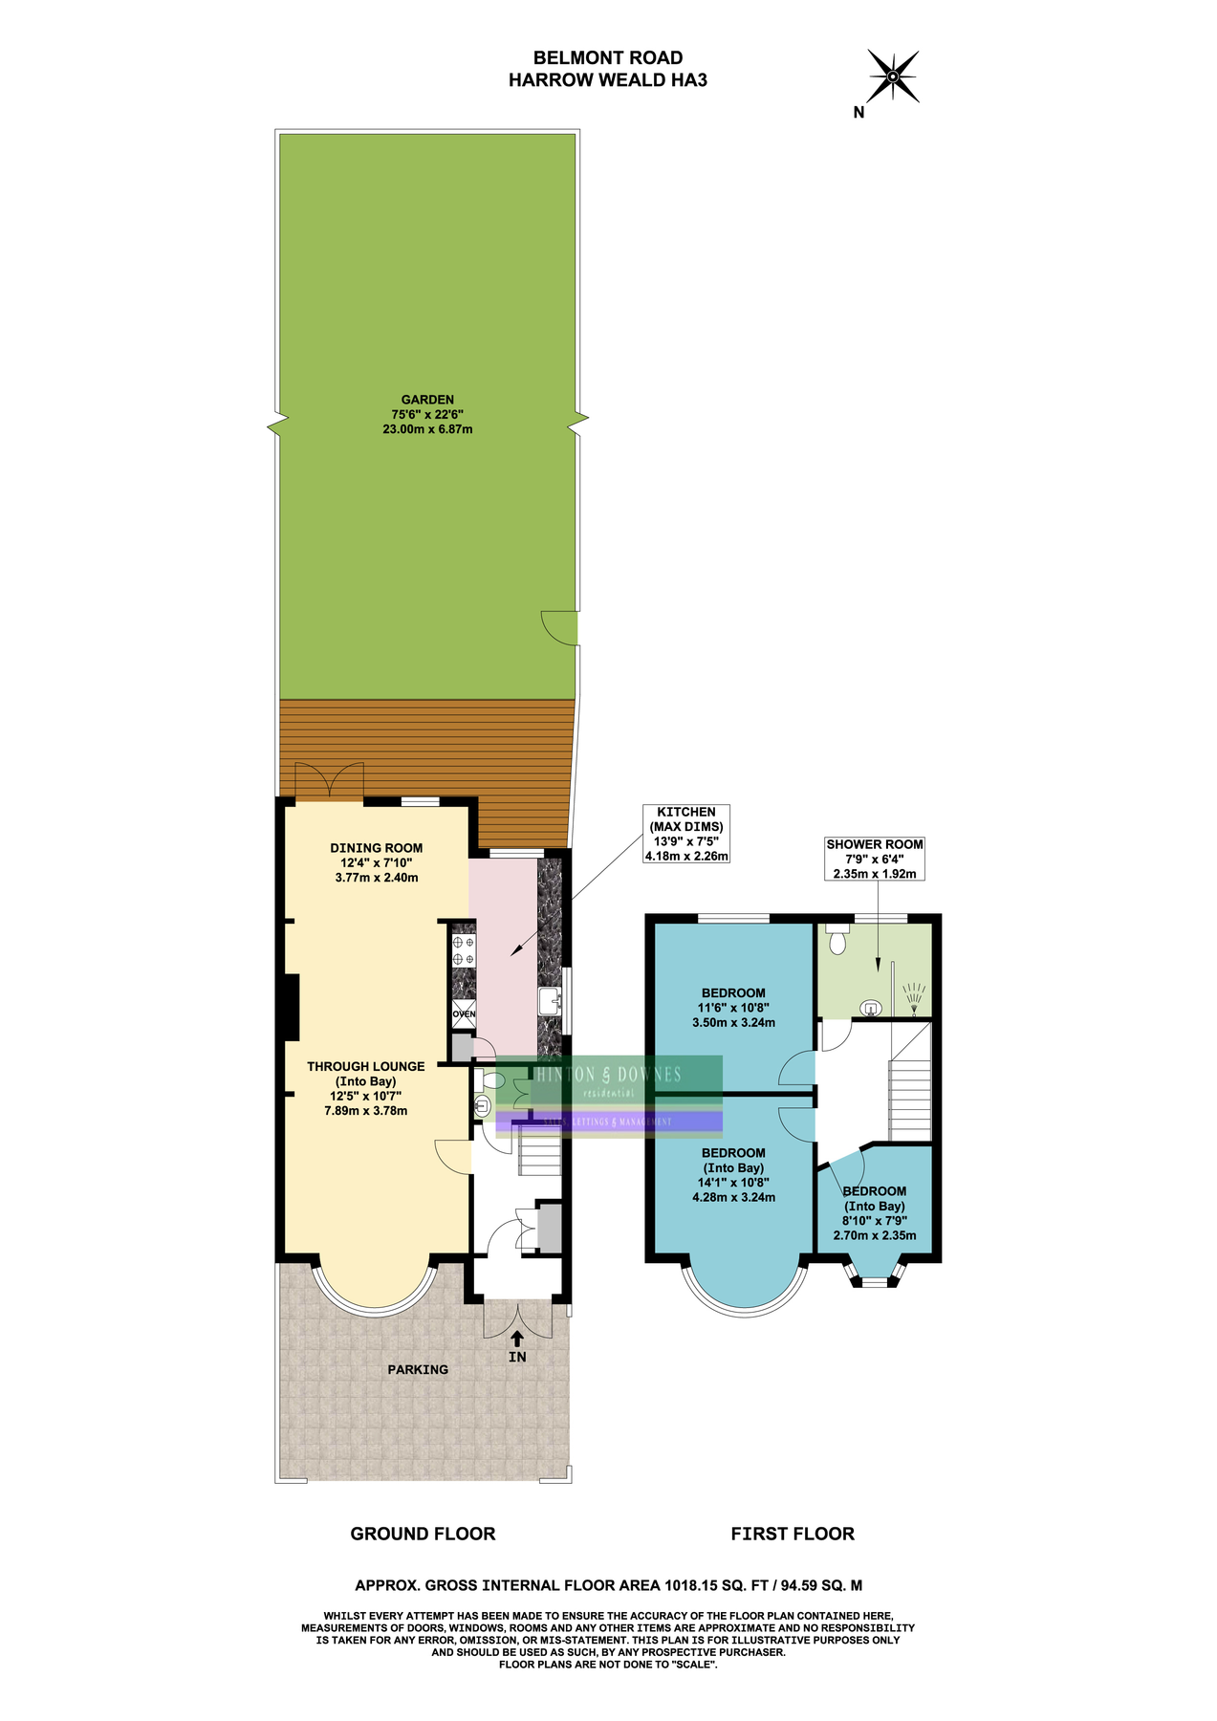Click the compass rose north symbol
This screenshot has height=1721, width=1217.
(892, 76)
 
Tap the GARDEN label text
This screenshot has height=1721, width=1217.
(427, 414)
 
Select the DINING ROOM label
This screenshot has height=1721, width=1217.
(377, 861)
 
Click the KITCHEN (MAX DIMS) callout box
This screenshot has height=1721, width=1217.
(686, 833)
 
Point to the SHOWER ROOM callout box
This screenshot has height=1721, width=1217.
(875, 859)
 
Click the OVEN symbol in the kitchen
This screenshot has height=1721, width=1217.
(464, 1014)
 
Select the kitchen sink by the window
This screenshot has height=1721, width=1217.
(550, 1002)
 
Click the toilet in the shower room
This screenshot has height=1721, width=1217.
(838, 940)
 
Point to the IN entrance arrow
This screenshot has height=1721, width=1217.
(517, 1340)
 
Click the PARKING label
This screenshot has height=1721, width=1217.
(418, 1369)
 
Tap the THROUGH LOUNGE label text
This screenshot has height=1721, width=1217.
(366, 1088)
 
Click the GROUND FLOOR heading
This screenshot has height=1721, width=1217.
(423, 1534)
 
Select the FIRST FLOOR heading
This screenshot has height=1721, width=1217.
(793, 1534)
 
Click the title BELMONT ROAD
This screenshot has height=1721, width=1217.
(608, 58)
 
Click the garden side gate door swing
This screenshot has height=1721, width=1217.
(560, 627)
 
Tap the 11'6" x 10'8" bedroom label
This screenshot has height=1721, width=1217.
(733, 1007)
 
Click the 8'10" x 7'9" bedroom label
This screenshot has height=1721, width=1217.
(875, 1213)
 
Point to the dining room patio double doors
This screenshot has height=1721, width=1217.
(330, 780)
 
